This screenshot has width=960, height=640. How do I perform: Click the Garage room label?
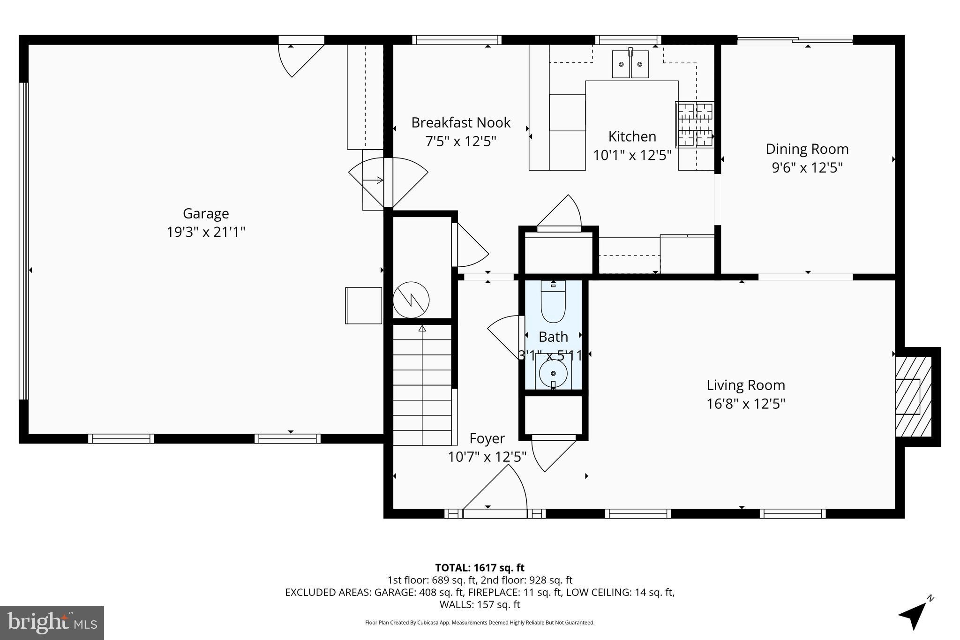point(206,214)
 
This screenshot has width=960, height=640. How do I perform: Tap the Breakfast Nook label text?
point(461,123)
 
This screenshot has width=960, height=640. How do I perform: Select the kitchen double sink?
point(630,64)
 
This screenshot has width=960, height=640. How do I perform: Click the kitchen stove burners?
point(695,124)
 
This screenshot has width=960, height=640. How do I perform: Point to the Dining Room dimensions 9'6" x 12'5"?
point(807,168)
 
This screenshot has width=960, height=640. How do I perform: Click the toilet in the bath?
point(553,302)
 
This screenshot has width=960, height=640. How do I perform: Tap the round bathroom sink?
point(553,374)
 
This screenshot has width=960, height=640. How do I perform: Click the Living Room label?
point(746,385)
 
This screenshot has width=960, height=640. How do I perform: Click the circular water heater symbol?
point(411,300)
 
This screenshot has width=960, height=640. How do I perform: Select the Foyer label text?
point(487,439)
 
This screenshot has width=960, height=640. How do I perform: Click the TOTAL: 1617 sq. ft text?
point(480,568)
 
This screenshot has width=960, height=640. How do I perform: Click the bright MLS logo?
point(52,623)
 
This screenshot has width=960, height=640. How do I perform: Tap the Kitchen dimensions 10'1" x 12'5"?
point(632,155)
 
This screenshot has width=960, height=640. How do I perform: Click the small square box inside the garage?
point(363,306)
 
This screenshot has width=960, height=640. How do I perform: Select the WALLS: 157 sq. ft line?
point(480,605)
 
